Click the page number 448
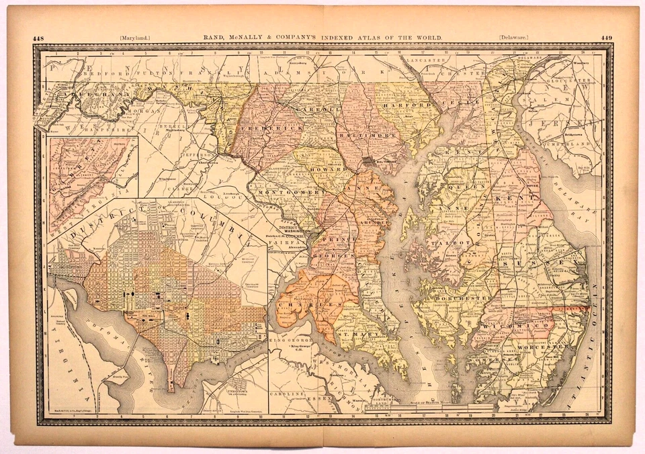pyautogui.click(x=38, y=38)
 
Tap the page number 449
pyautogui.click(x=606, y=38)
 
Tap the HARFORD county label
pyautogui.click(x=406, y=106)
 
